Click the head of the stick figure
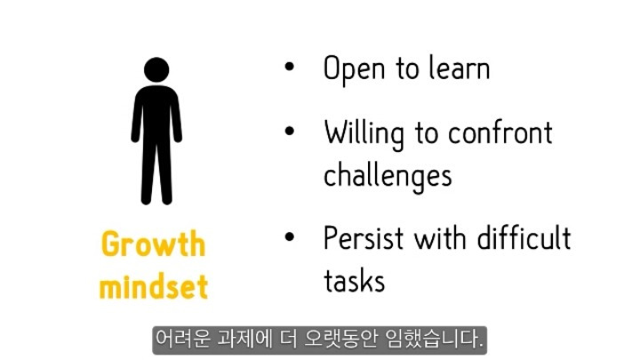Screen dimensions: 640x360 pyautogui.click(x=156, y=70)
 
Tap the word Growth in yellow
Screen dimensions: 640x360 pyautogui.click(x=154, y=244)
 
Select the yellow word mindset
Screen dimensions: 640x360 pyautogui.click(x=154, y=286)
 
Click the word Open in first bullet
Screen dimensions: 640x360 pyautogui.click(x=354, y=69)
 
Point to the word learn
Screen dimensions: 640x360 pyautogui.click(x=460, y=68)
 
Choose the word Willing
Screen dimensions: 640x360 pyautogui.click(x=364, y=134)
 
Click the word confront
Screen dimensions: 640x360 pyautogui.click(x=500, y=133)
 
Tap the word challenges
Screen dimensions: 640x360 pyautogui.click(x=388, y=176)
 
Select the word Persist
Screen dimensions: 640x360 pyautogui.click(x=364, y=238)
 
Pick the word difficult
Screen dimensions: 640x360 pyautogui.click(x=524, y=237)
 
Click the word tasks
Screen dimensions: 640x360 pyautogui.click(x=355, y=281)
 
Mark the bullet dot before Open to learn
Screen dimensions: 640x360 pyautogui.click(x=290, y=67)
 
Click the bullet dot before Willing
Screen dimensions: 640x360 pyautogui.click(x=290, y=131)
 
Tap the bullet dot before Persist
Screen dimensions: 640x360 pyautogui.click(x=290, y=236)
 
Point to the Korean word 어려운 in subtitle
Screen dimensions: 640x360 pyautogui.click(x=183, y=339)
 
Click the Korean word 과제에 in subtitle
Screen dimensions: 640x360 pyautogui.click(x=245, y=339)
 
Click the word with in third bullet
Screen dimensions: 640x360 pyautogui.click(x=440, y=237)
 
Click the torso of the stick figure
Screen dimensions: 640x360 pyautogui.click(x=156, y=115)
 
